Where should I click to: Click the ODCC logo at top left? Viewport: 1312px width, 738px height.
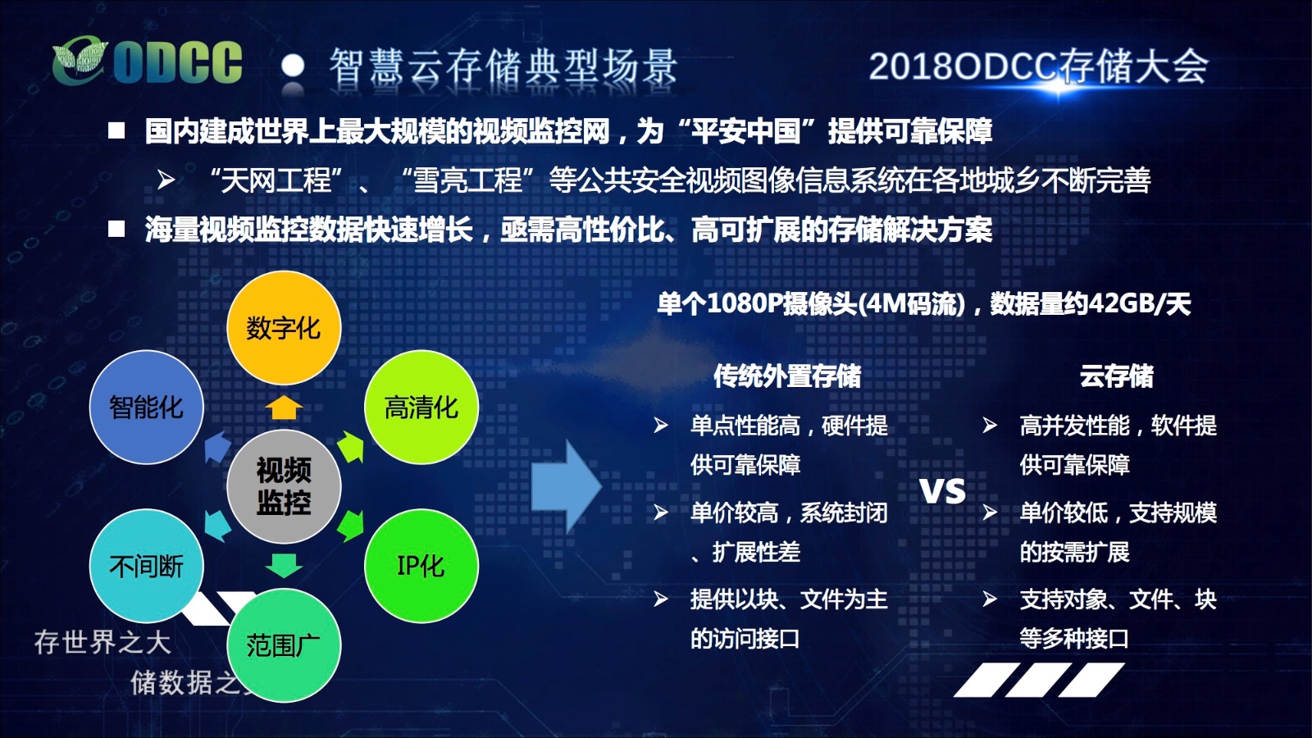147,61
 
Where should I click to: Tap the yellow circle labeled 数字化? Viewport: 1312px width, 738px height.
284,327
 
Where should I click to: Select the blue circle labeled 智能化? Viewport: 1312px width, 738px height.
147,407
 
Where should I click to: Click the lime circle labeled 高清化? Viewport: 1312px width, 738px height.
421,407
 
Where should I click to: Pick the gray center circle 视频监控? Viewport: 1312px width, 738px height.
284,486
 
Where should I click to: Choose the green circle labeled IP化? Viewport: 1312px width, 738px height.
421,566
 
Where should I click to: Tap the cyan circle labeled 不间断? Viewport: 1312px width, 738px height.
147,566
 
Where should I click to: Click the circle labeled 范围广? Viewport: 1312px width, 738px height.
284,645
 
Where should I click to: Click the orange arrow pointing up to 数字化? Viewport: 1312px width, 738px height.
284,407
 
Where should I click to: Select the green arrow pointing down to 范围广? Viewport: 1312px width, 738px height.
284,565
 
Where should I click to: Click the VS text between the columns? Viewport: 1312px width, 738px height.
942,491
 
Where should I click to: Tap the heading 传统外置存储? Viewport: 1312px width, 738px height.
787,376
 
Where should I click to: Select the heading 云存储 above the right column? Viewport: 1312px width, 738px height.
1116,376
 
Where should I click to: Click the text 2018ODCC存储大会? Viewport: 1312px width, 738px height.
1038,66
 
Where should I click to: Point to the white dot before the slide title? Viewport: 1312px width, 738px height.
293,66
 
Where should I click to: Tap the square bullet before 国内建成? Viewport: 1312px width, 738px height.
116,130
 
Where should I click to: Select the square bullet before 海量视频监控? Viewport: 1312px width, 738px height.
116,229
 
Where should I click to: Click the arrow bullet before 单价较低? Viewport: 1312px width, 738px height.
990,512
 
